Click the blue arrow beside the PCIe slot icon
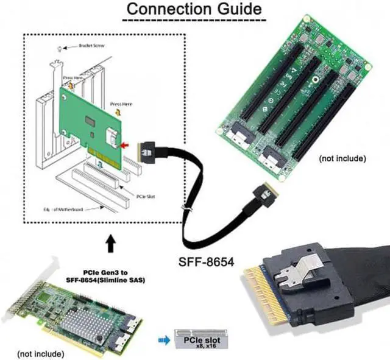point(163,341)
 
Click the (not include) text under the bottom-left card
point(39,353)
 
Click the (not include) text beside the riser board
point(342,158)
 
